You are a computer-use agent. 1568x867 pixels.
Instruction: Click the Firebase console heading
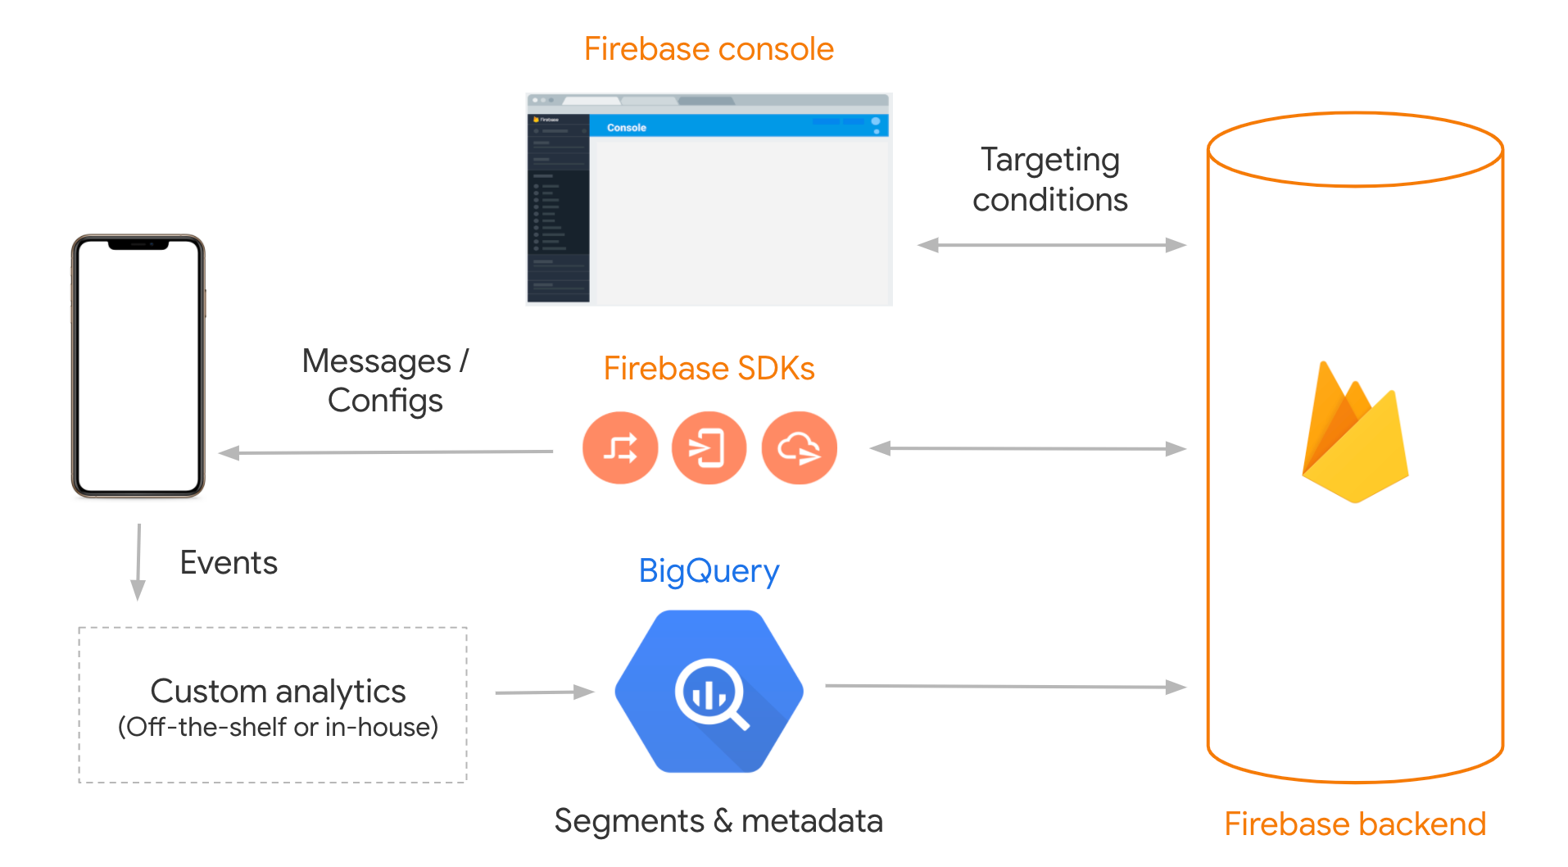point(709,49)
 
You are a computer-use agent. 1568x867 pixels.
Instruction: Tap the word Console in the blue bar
point(626,128)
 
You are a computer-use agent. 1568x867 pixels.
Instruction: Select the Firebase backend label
point(1354,824)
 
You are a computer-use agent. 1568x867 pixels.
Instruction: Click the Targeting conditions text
point(1049,179)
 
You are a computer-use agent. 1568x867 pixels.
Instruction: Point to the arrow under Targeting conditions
point(1051,245)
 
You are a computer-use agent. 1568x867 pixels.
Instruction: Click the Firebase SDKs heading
point(709,369)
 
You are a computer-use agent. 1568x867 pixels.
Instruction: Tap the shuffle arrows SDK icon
point(620,448)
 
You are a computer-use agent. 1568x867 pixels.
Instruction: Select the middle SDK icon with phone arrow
point(709,448)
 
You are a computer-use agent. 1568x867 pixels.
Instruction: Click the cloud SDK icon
point(799,448)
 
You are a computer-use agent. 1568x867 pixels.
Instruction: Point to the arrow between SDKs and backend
point(1027,448)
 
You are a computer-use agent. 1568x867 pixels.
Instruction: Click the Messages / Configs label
point(385,380)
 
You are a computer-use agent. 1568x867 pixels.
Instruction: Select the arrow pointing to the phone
point(385,452)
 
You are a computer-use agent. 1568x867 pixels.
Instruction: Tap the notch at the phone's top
point(138,244)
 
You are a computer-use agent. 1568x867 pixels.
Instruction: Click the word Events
point(229,563)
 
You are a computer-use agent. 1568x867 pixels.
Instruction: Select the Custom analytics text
point(278,692)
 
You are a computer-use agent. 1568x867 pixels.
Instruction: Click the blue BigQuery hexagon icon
point(709,691)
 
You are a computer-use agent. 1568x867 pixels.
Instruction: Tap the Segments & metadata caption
point(718,821)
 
